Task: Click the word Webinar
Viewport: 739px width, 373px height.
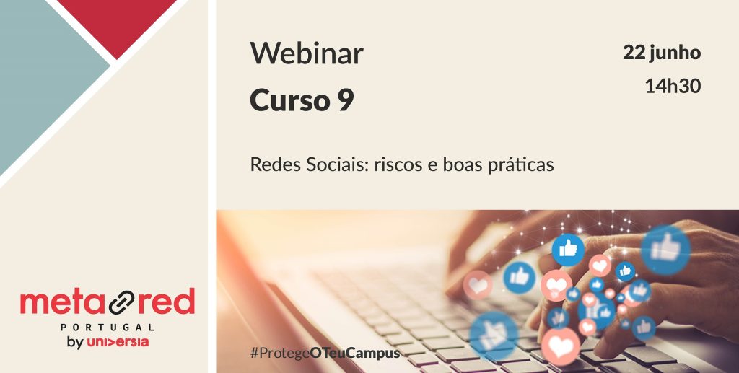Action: [x=306, y=53]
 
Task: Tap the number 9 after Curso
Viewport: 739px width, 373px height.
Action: [x=346, y=100]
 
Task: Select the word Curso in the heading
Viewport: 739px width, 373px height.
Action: [x=288, y=100]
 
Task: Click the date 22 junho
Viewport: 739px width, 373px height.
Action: [x=662, y=53]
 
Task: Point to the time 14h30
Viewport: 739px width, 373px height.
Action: [x=673, y=86]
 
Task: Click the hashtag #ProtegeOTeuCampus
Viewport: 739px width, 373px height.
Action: [x=325, y=354]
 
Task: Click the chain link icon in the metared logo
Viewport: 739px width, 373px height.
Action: [x=121, y=302]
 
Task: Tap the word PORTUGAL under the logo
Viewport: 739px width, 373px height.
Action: [x=108, y=327]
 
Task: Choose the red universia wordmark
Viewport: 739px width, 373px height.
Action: [x=118, y=343]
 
